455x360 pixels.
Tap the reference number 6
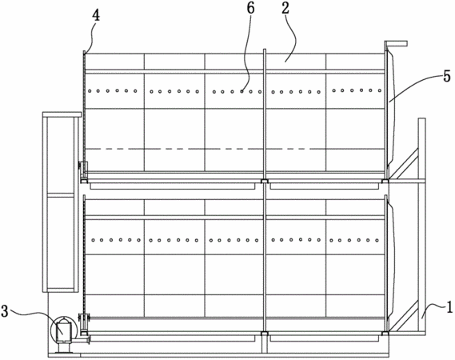point(250,9)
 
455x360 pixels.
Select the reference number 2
point(285,8)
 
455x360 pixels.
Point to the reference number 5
point(447,76)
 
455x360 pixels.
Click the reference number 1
point(449,306)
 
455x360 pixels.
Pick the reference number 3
point(5,310)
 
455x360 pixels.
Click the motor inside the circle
point(64,331)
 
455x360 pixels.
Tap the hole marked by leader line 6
point(241,91)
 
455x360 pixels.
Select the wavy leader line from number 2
point(291,38)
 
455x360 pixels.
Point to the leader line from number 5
point(416,87)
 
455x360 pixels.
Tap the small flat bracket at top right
point(396,43)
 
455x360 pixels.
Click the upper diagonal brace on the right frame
point(403,163)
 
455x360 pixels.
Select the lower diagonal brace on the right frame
point(403,316)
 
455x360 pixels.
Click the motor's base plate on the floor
point(64,353)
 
